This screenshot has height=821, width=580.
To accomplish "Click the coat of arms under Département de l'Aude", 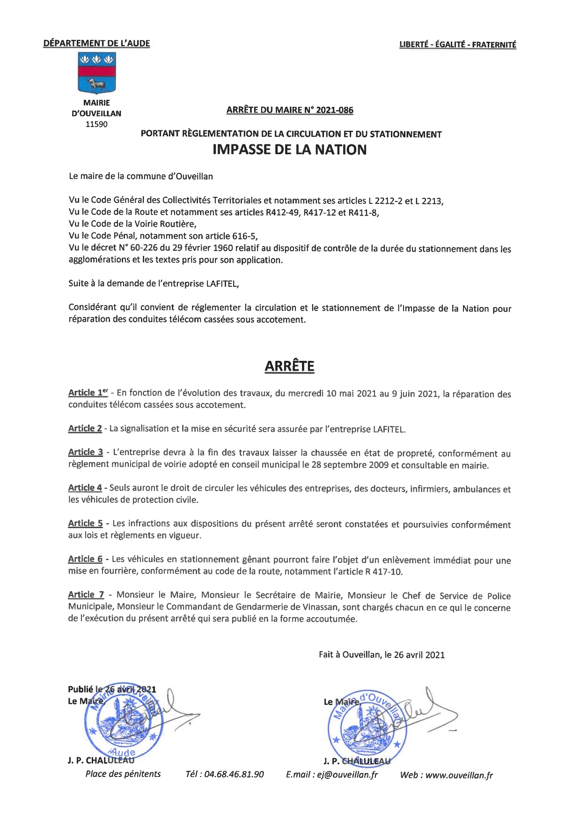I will click(96, 73).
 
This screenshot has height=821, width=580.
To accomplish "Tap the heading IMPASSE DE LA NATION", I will click(289, 150).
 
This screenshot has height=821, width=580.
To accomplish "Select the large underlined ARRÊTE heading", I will click(289, 366).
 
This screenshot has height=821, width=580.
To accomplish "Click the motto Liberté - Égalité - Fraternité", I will click(457, 45).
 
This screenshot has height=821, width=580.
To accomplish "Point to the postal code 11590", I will click(96, 124).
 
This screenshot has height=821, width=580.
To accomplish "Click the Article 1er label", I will click(88, 393).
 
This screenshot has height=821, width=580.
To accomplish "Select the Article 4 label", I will click(85, 488).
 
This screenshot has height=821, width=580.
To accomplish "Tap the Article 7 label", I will click(86, 595).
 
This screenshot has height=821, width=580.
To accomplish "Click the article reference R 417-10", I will click(383, 572).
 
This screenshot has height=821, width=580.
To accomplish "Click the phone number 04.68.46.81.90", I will click(225, 774).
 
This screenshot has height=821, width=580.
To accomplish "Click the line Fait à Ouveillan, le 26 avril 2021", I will click(382, 655).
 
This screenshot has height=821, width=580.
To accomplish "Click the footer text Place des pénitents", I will click(123, 774).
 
